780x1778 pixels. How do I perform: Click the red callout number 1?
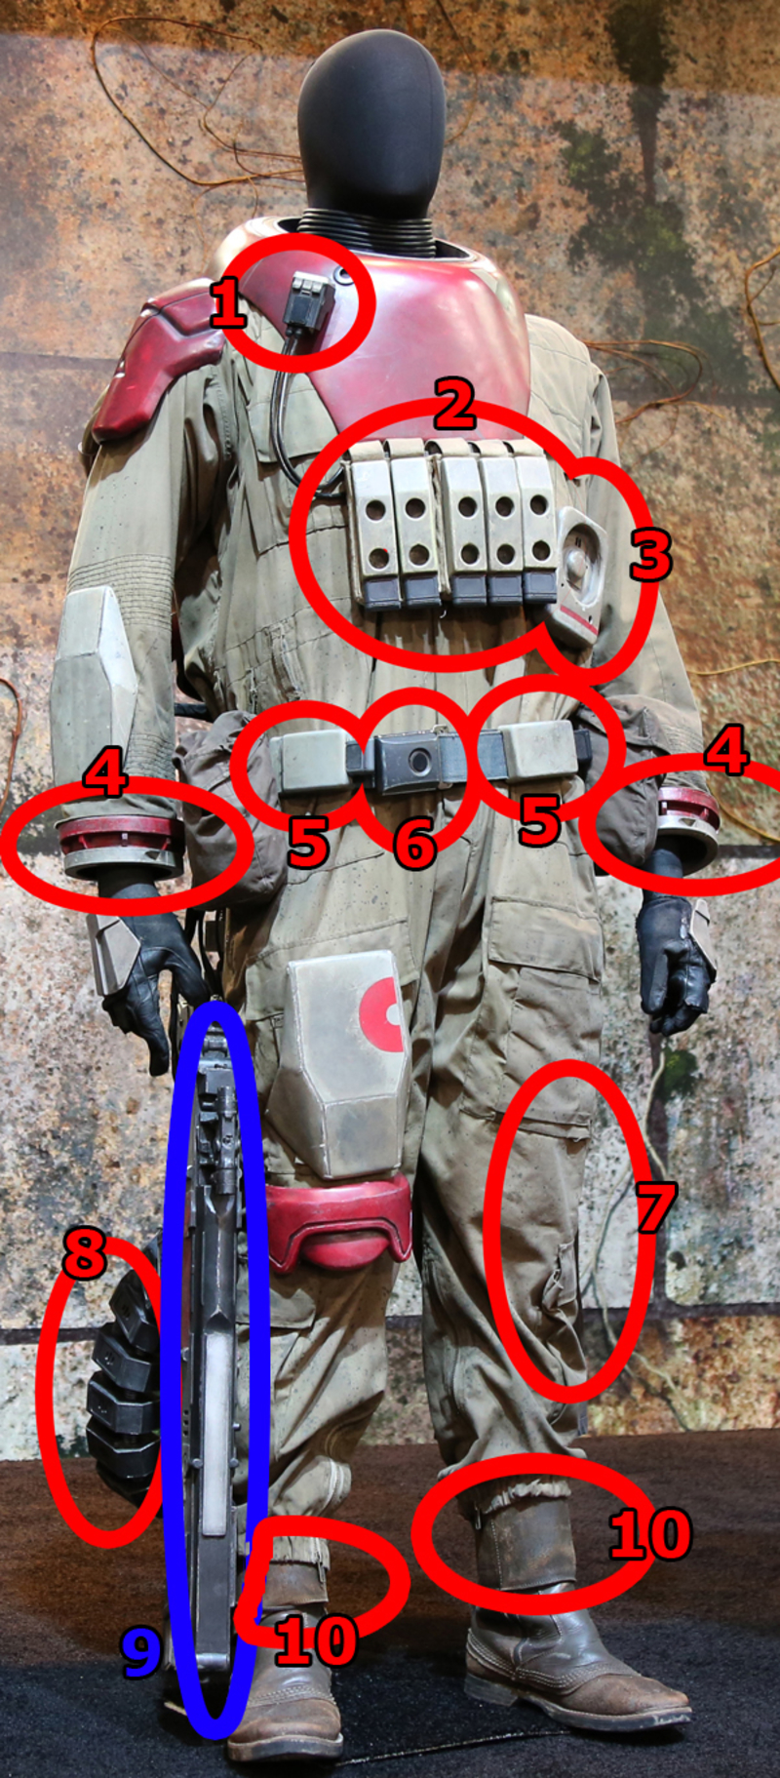228,305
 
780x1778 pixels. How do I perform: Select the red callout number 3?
649,554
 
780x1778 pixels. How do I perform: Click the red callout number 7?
654,1207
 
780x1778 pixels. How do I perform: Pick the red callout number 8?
85,1253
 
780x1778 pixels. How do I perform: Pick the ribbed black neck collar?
370,230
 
